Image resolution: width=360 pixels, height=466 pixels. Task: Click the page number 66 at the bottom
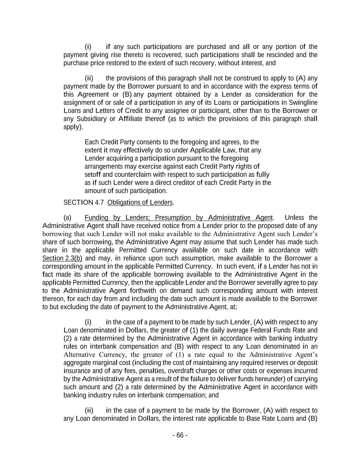coord(180,435)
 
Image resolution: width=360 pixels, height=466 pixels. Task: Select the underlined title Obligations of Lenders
coord(140,202)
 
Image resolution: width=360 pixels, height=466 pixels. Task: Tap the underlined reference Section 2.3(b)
coord(62,258)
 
